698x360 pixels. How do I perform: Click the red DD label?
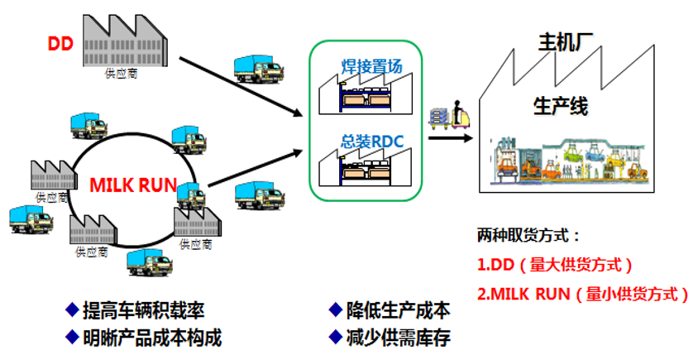tap(60, 43)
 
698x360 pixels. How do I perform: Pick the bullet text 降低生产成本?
tap(398, 310)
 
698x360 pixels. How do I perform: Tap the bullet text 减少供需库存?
tap(398, 337)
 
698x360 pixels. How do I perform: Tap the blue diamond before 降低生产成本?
tap(335, 310)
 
